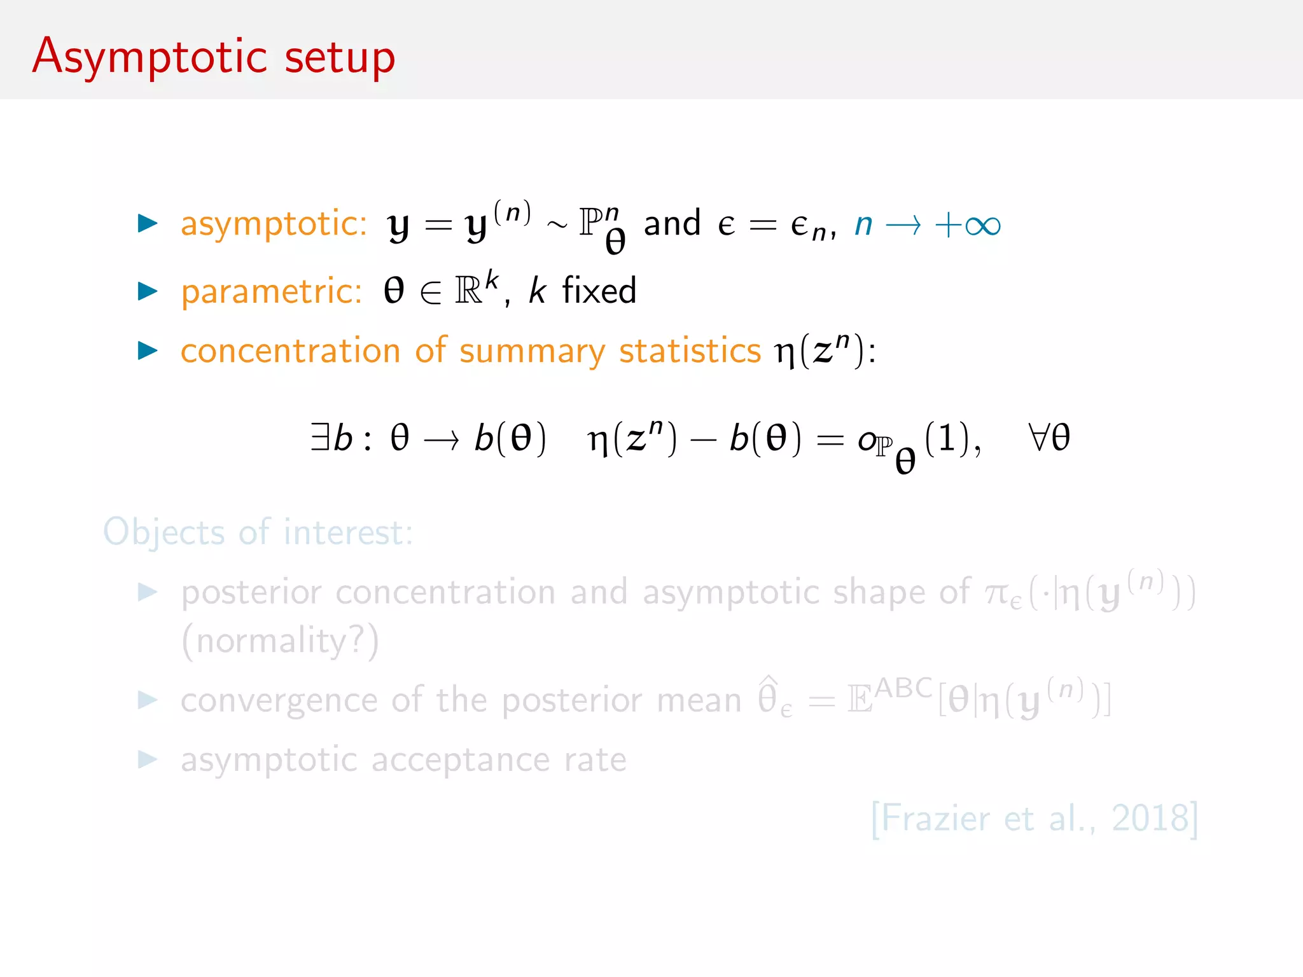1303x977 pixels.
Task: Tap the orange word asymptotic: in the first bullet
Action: pyautogui.click(x=274, y=224)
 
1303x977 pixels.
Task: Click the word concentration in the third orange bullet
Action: pyautogui.click(x=290, y=350)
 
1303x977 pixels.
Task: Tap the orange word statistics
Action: pyautogui.click(x=690, y=350)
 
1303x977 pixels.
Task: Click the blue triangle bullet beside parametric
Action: pyautogui.click(x=148, y=291)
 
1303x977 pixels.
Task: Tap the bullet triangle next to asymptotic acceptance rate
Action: pyautogui.click(x=148, y=759)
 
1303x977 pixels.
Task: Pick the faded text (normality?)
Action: pyautogui.click(x=280, y=641)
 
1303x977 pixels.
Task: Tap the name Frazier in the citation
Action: pyautogui.click(x=935, y=818)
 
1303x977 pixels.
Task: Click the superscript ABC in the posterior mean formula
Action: pyautogui.click(x=903, y=688)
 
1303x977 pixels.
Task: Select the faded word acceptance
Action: pyautogui.click(x=460, y=759)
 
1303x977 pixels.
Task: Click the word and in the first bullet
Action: pyautogui.click(x=672, y=223)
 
